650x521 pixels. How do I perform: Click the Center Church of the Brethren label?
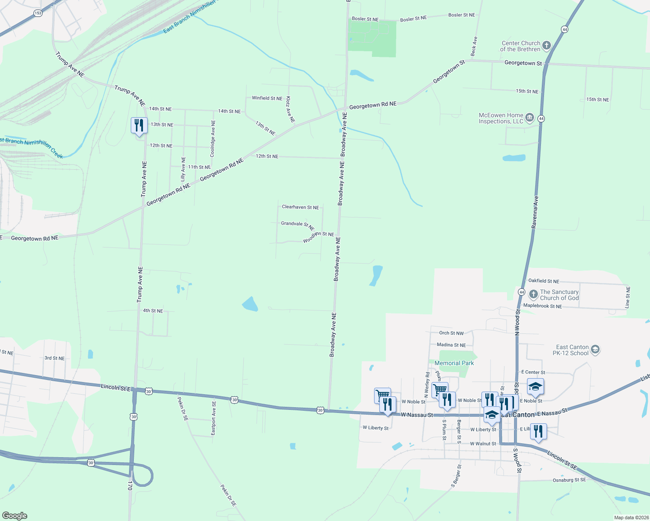point(521,46)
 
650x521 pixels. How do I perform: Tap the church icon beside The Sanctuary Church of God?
point(533,295)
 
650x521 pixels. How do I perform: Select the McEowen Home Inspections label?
point(501,118)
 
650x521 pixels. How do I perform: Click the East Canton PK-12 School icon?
point(595,350)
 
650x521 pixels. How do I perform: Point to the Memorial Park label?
point(454,363)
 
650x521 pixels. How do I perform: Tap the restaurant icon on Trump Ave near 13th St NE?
point(139,125)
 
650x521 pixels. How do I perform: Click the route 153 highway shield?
point(38,13)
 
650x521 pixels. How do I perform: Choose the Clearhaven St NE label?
point(300,207)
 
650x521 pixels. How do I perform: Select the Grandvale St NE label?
point(298,225)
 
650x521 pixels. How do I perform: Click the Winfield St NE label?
point(267,98)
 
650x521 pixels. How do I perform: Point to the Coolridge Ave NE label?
point(212,138)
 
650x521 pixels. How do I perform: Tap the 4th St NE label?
point(153,311)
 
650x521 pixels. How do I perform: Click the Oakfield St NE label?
point(544,281)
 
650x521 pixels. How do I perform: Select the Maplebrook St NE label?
point(542,306)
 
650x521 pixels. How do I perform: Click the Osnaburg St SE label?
point(569,480)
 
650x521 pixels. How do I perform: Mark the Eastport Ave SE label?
point(213,418)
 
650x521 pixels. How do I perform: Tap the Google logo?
point(15,516)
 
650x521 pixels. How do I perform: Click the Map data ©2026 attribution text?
point(630,518)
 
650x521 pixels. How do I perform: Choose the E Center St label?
point(533,373)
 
